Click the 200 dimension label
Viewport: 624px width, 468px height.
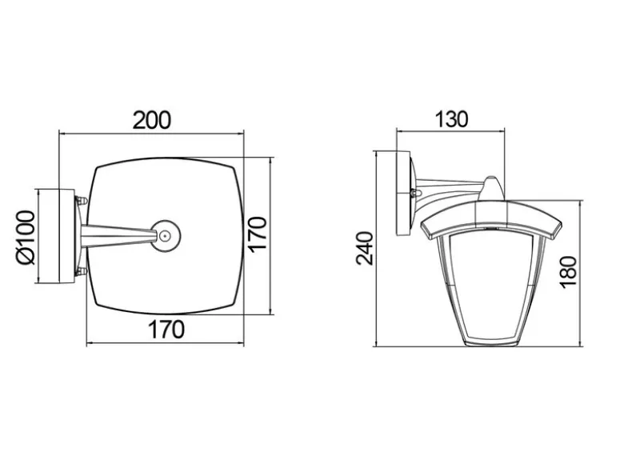pyautogui.click(x=151, y=120)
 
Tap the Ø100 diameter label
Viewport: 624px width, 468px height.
pyautogui.click(x=26, y=238)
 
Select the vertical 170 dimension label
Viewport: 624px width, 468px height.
pyautogui.click(x=257, y=234)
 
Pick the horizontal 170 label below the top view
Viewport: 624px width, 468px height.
pyautogui.click(x=166, y=329)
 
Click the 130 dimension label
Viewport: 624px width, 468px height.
pyautogui.click(x=451, y=119)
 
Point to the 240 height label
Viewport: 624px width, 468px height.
pyautogui.click(x=365, y=248)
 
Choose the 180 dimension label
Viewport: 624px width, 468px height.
pyautogui.click(x=568, y=272)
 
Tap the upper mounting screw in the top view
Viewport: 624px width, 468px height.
pyautogui.click(x=82, y=200)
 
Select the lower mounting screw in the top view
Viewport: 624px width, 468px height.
pyautogui.click(x=82, y=272)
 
